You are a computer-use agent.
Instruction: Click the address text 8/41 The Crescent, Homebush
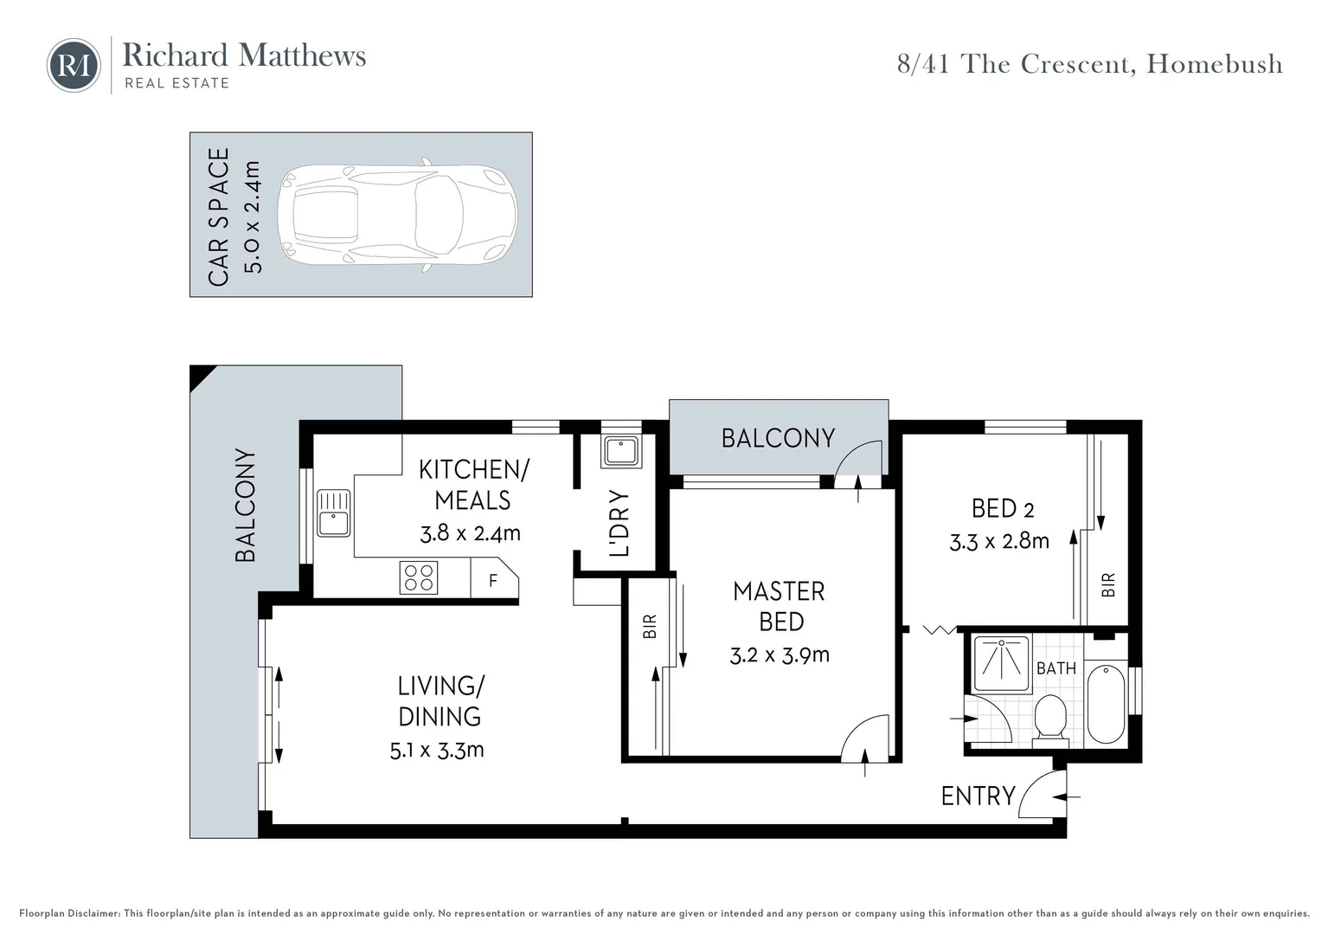(x=1089, y=65)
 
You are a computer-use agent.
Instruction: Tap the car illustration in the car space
(x=397, y=215)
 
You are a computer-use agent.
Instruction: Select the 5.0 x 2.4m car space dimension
(x=252, y=217)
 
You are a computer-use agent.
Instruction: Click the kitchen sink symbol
(x=333, y=513)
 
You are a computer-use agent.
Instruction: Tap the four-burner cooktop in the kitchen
(x=419, y=578)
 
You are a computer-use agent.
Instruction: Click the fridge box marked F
(x=493, y=579)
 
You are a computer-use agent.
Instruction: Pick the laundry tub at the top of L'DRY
(x=621, y=452)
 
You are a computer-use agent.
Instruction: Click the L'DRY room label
(x=619, y=524)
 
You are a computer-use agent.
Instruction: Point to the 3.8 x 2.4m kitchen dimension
(x=470, y=533)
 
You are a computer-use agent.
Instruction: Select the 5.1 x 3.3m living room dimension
(x=437, y=750)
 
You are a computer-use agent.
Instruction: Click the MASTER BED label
(x=780, y=606)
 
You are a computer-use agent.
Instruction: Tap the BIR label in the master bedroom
(x=650, y=626)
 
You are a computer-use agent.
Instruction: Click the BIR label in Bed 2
(x=1108, y=585)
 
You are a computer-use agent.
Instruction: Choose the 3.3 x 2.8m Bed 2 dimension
(x=999, y=542)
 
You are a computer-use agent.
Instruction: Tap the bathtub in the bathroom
(x=1105, y=703)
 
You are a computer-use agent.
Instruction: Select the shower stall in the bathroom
(x=1001, y=664)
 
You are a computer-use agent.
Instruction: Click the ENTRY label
(x=978, y=796)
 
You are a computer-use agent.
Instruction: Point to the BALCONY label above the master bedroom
(x=778, y=438)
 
